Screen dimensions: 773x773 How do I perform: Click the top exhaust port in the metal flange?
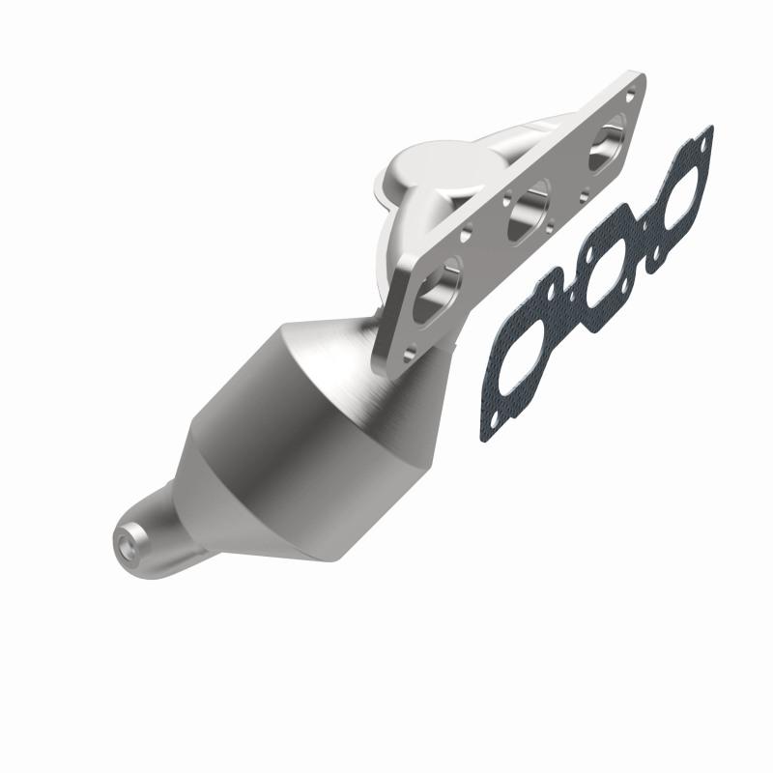pyautogui.click(x=613, y=138)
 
